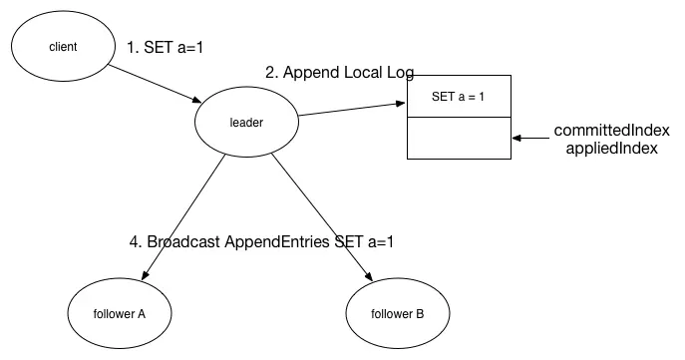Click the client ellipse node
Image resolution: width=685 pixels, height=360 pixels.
(62, 47)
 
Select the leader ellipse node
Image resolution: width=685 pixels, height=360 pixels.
(244, 123)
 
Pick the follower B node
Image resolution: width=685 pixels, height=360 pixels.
(397, 313)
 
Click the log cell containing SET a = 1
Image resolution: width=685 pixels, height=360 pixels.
(459, 97)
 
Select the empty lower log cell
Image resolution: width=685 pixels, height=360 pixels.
(459, 138)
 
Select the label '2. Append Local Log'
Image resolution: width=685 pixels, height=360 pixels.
(339, 72)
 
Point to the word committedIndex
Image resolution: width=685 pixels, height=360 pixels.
(611, 131)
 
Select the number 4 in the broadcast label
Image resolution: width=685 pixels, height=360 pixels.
(134, 242)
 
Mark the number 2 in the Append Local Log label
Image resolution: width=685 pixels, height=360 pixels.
(269, 72)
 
